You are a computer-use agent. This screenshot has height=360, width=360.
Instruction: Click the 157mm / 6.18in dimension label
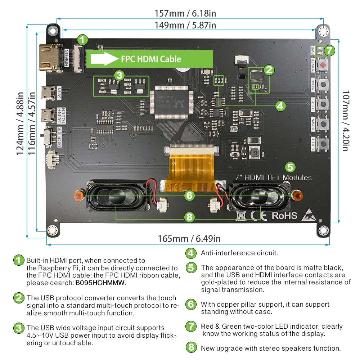point(185,14)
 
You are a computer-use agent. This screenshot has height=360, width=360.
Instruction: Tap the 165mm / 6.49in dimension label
point(189,239)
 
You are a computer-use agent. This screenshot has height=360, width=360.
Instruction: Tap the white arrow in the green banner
point(104,59)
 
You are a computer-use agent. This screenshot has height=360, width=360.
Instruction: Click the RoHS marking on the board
point(284,215)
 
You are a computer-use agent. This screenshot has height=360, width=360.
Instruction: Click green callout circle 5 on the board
point(290,167)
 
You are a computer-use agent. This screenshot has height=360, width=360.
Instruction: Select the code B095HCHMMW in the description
point(100,283)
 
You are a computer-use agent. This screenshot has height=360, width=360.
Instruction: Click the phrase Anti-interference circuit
point(239,253)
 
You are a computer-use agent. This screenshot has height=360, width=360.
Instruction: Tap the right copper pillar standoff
point(297,195)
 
